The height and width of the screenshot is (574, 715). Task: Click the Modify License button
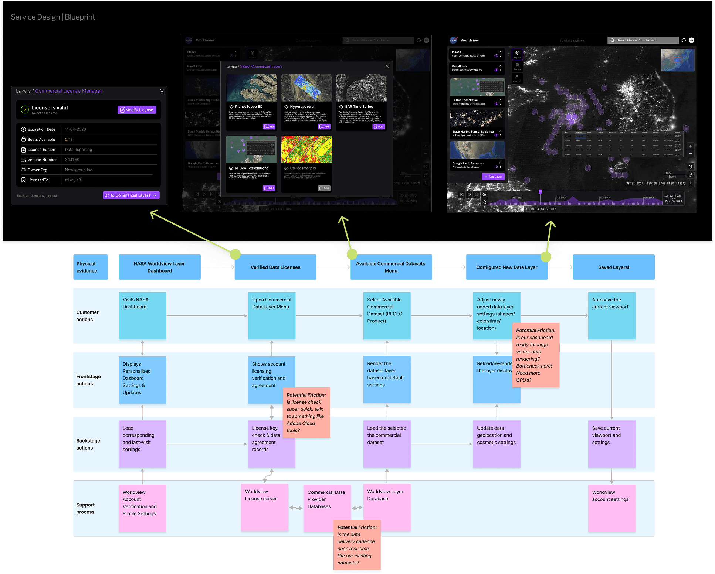click(137, 110)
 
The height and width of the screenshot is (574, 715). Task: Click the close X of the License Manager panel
click(162, 90)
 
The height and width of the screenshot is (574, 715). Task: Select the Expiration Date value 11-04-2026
click(75, 129)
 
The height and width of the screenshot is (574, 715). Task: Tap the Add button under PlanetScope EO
click(269, 127)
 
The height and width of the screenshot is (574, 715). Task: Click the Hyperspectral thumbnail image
click(306, 88)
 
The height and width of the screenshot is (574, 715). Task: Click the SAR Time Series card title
click(359, 107)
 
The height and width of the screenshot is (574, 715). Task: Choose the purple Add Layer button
click(493, 177)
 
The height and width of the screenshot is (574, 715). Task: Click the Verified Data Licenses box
click(275, 267)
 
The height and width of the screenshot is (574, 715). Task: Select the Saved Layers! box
click(613, 267)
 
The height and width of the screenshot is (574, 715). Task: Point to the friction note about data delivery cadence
click(357, 545)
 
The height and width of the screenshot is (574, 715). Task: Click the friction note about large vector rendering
click(536, 355)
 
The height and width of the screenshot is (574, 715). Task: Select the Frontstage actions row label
click(88, 380)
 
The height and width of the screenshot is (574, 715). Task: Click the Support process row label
click(85, 508)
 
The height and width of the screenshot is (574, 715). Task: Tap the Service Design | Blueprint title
click(53, 17)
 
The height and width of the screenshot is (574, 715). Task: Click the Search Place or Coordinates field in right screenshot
click(643, 40)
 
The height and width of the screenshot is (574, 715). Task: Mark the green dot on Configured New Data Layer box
click(546, 257)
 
